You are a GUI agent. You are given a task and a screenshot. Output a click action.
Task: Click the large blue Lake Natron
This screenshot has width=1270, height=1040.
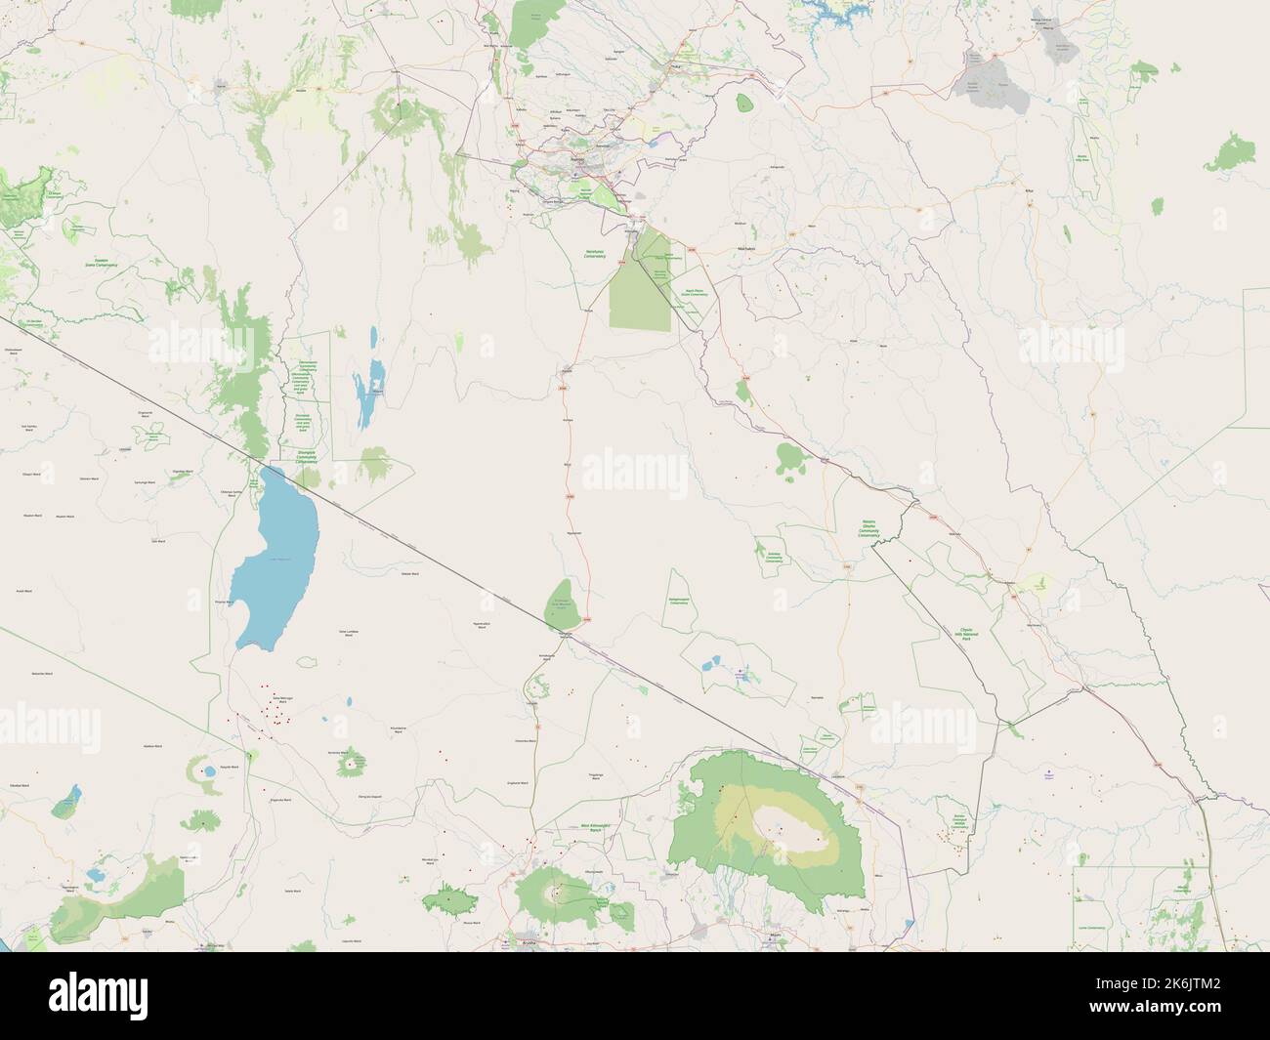(x=276, y=557)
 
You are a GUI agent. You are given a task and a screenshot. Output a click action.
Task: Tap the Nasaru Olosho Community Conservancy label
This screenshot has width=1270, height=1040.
(x=868, y=528)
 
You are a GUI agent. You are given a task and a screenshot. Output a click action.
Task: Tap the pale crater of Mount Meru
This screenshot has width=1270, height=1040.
(x=559, y=892)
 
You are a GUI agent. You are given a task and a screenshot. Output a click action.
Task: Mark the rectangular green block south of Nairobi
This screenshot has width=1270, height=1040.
(x=640, y=293)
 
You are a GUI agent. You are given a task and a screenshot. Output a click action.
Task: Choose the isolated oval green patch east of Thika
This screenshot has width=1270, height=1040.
(x=744, y=103)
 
